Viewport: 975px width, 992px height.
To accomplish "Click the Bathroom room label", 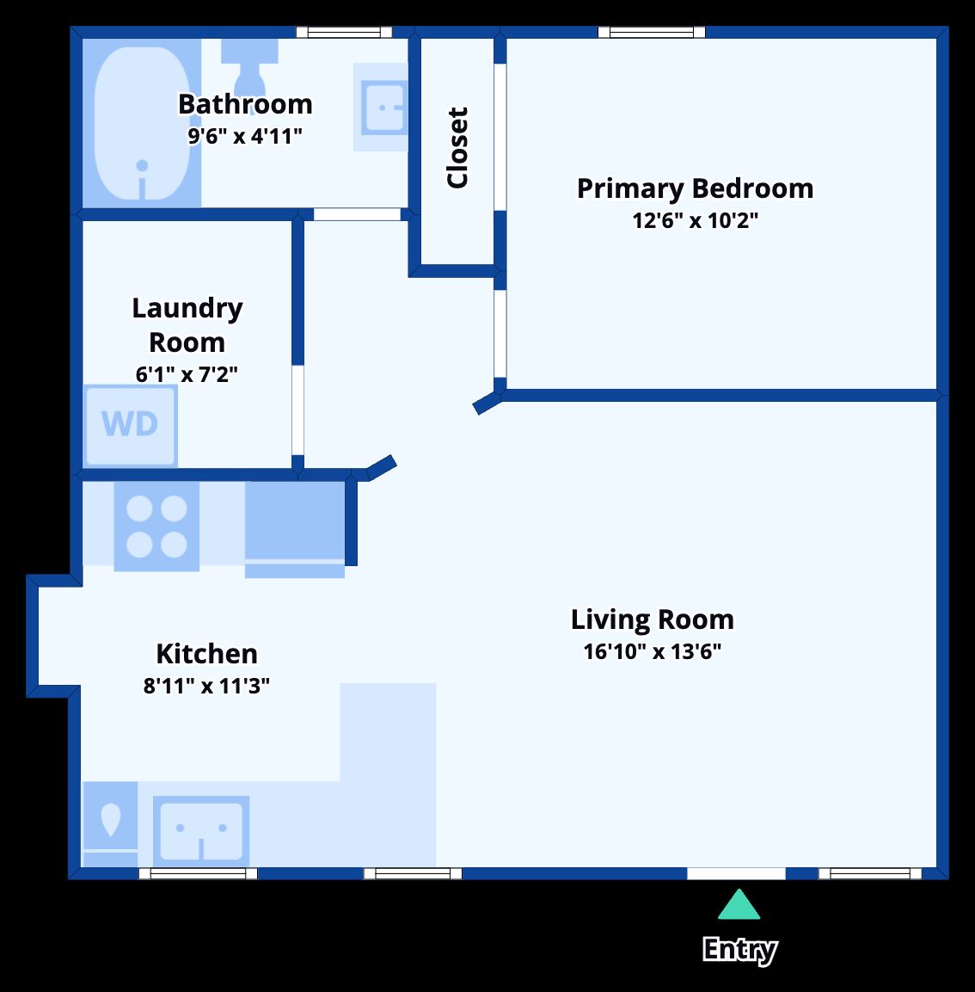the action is (245, 104).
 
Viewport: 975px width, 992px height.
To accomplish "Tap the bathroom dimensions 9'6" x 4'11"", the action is (245, 136).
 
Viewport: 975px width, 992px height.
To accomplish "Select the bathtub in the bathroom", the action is (142, 123).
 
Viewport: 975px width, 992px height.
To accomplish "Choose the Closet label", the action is (457, 147).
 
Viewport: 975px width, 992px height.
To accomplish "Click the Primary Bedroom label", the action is (695, 189).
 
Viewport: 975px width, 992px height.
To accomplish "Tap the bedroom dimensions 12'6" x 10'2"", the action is (695, 221).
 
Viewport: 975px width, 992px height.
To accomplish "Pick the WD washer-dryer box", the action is (130, 425).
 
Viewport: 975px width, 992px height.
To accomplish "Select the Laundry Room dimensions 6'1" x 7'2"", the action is (187, 374).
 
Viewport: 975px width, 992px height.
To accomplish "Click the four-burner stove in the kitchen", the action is (156, 527).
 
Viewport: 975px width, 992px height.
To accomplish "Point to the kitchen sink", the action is (201, 830).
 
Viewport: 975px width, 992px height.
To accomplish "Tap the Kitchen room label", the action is (206, 654).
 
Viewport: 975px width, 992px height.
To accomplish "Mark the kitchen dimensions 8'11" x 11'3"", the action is (206, 686).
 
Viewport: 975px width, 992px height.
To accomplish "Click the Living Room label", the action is (653, 619).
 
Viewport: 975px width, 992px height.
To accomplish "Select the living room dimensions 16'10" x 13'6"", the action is (652, 651).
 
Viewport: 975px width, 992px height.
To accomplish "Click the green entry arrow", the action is (739, 905).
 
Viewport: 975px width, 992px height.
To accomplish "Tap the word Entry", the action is (739, 950).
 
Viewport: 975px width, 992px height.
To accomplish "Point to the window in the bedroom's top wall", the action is (651, 33).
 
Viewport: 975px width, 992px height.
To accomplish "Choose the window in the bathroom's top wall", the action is (344, 33).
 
